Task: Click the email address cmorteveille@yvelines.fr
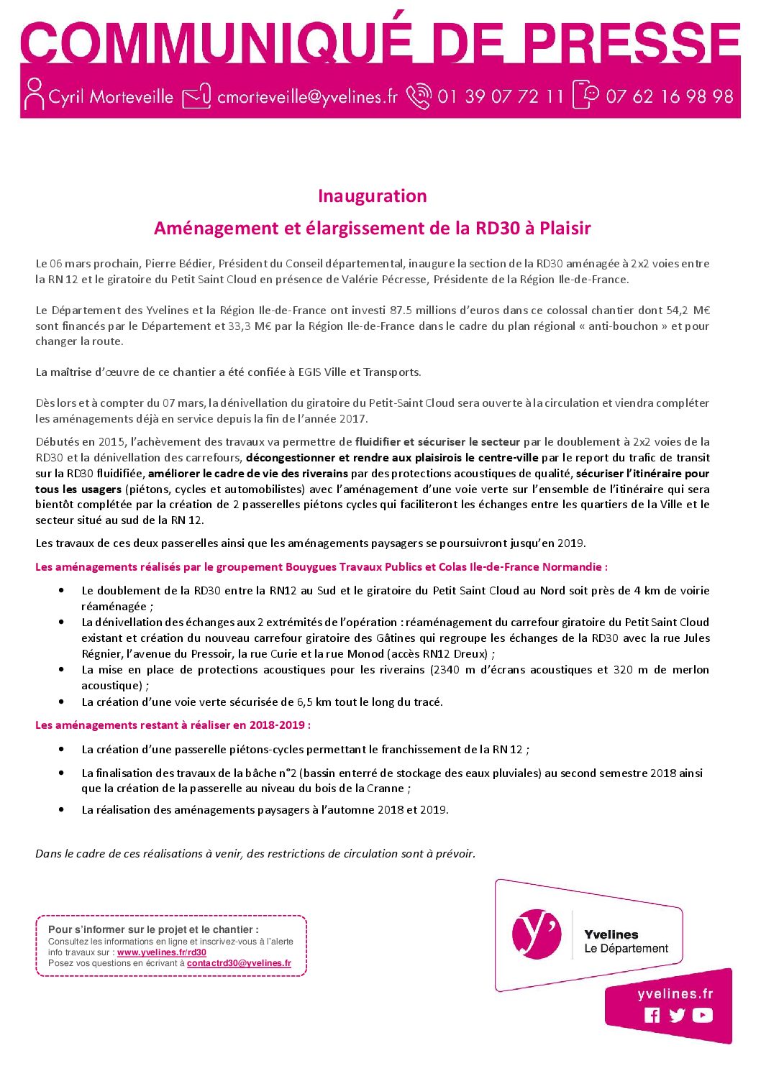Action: click(x=307, y=96)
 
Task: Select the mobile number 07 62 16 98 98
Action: click(x=669, y=96)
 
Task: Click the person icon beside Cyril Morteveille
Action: click(x=34, y=94)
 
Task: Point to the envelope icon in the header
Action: click(x=196, y=96)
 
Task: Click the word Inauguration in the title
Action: click(x=372, y=196)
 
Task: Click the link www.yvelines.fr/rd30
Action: click(x=161, y=952)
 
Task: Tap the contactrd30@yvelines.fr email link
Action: click(x=239, y=963)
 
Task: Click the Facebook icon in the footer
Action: click(x=652, y=1015)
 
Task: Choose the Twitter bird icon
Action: click(x=677, y=1015)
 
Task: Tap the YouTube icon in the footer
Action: click(x=702, y=1015)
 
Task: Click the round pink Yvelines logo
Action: click(x=536, y=934)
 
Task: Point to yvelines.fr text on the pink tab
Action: click(x=675, y=994)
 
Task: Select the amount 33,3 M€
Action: click(x=249, y=326)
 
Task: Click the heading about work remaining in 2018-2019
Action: click(x=173, y=725)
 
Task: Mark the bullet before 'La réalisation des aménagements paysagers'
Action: click(x=63, y=809)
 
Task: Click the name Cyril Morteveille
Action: click(x=111, y=96)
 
